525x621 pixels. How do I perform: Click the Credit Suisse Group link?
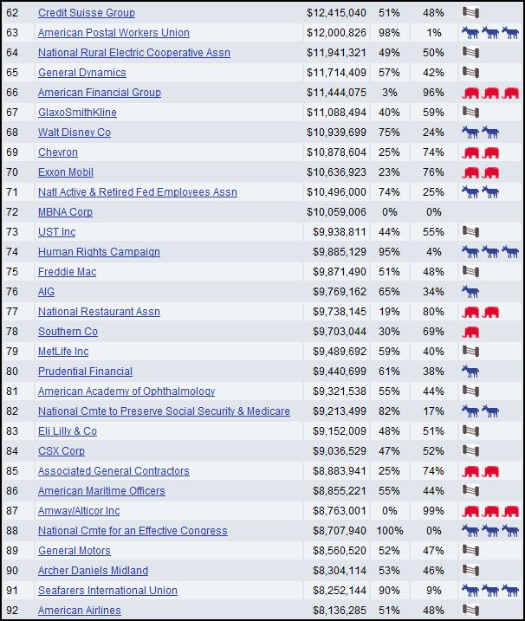tap(86, 13)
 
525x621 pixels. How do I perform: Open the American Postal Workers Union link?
tap(113, 33)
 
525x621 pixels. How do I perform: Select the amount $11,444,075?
tap(336, 93)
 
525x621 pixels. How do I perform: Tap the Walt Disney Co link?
tap(75, 133)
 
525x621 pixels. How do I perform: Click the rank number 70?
tap(12, 172)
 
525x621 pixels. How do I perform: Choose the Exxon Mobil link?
tap(66, 172)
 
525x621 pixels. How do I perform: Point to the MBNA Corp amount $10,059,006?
tap(336, 212)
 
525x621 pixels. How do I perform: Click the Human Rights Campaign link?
tap(99, 252)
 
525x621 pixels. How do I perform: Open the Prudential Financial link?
tap(85, 372)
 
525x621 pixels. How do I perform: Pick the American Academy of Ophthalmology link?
tap(126, 391)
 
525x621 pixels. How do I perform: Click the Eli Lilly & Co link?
tap(68, 431)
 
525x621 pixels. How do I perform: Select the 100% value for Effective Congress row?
tap(386, 531)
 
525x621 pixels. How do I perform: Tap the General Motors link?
tap(75, 551)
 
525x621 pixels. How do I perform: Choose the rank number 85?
tap(12, 471)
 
